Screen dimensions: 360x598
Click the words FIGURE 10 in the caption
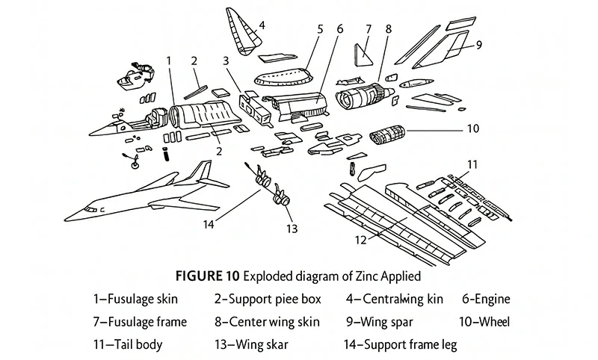point(206,276)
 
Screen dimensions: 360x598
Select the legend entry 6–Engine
point(486,300)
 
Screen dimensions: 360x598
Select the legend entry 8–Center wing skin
point(267,322)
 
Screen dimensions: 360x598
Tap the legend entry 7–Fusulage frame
point(140,322)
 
